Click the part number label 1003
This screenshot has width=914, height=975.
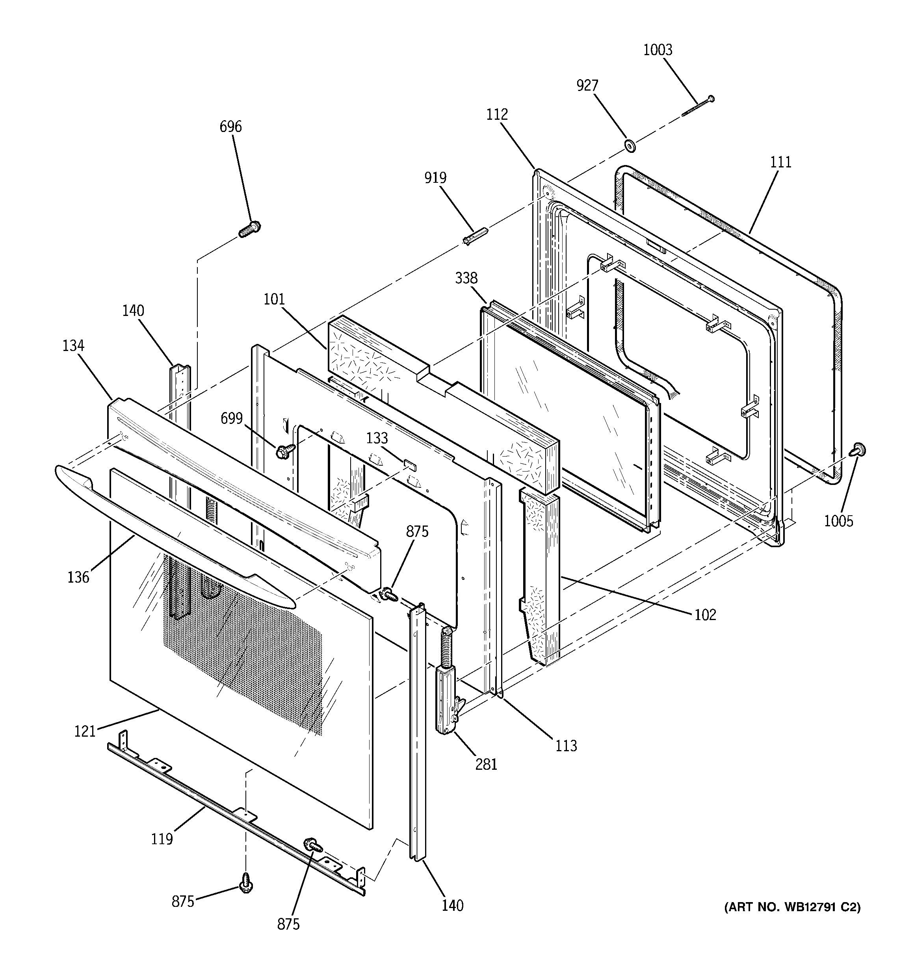click(658, 50)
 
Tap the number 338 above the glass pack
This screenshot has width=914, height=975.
click(466, 278)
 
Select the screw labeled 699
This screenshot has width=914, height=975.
click(284, 451)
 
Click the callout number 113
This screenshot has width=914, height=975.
click(566, 746)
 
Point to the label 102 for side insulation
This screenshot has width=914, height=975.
click(705, 615)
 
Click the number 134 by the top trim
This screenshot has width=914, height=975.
click(73, 346)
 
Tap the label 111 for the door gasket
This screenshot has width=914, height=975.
click(780, 162)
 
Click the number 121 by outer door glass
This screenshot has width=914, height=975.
click(84, 731)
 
